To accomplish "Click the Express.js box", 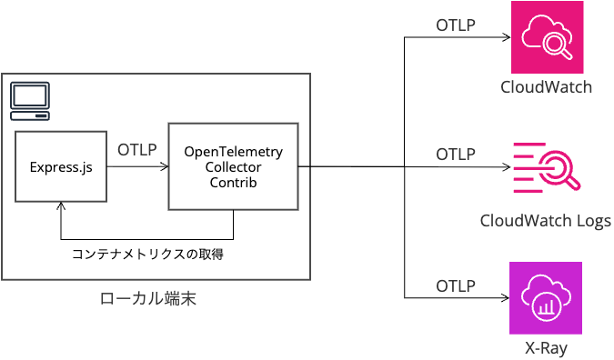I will tap(60, 166).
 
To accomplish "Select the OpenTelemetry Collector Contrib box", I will tap(233, 166).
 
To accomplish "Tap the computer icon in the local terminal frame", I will tap(29, 101).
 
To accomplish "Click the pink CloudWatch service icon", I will tap(546, 37).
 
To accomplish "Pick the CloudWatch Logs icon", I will tap(546, 167).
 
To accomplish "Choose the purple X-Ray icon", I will tap(546, 297).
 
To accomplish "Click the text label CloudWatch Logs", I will tap(546, 221).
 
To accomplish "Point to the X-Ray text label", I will tap(546, 349).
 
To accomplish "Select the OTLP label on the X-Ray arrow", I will tap(456, 285).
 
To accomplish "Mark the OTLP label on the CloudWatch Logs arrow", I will tap(456, 154).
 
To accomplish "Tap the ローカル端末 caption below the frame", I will tap(147, 299).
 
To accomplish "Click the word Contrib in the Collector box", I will tap(233, 183).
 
